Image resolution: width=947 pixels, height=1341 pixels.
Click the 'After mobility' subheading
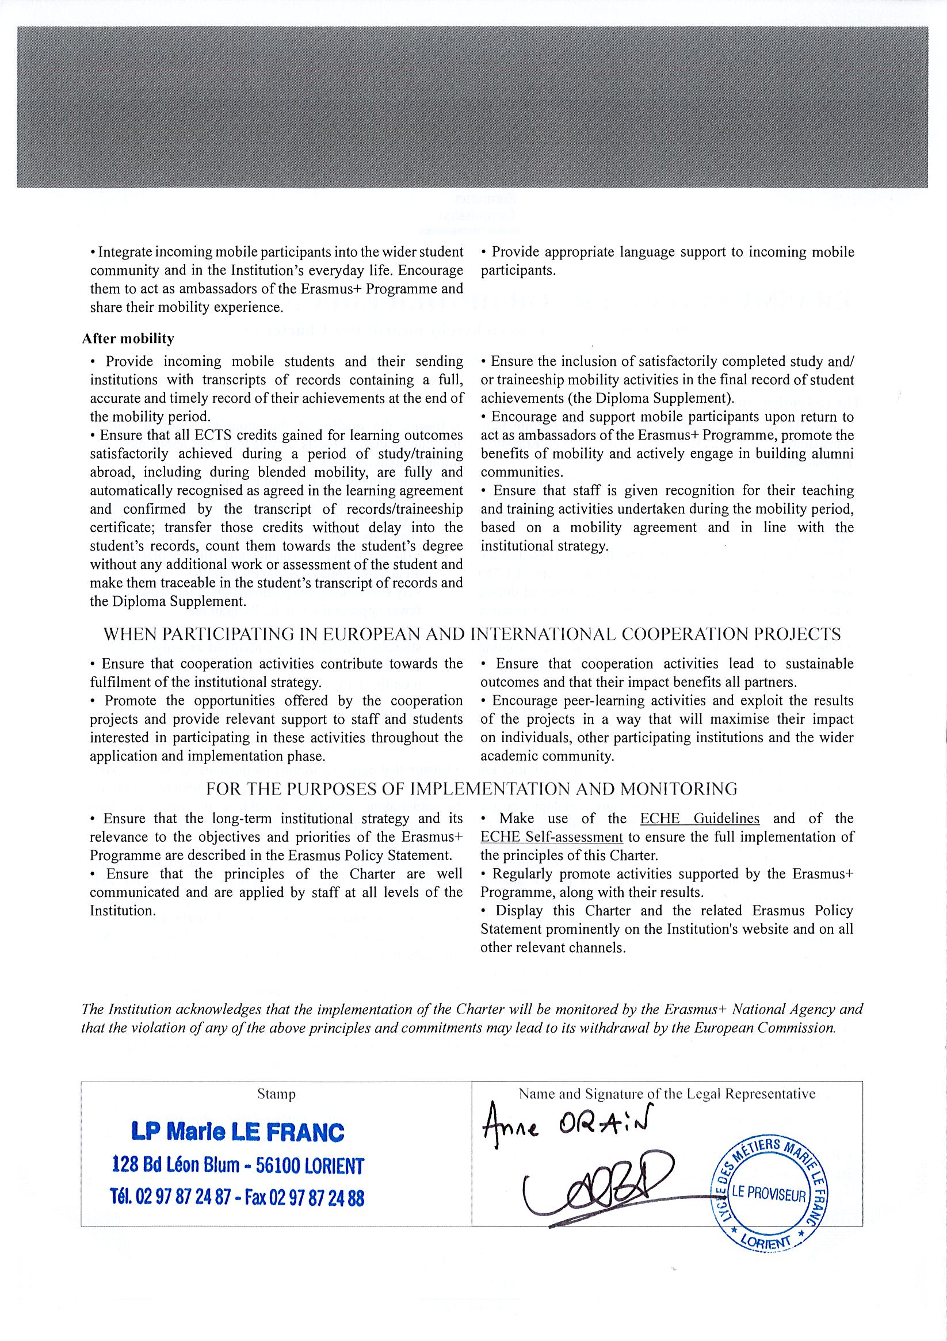(x=128, y=339)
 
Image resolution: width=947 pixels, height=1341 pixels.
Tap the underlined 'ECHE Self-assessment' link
(x=552, y=837)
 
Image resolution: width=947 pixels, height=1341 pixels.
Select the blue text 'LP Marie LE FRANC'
(x=238, y=1133)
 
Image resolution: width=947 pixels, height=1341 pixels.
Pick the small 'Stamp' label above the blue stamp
(x=276, y=1094)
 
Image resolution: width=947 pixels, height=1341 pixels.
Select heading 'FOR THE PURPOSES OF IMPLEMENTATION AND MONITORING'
(x=472, y=789)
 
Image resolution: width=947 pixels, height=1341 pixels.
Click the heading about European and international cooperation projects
(x=472, y=635)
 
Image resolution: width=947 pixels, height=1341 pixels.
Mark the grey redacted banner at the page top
(x=472, y=107)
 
